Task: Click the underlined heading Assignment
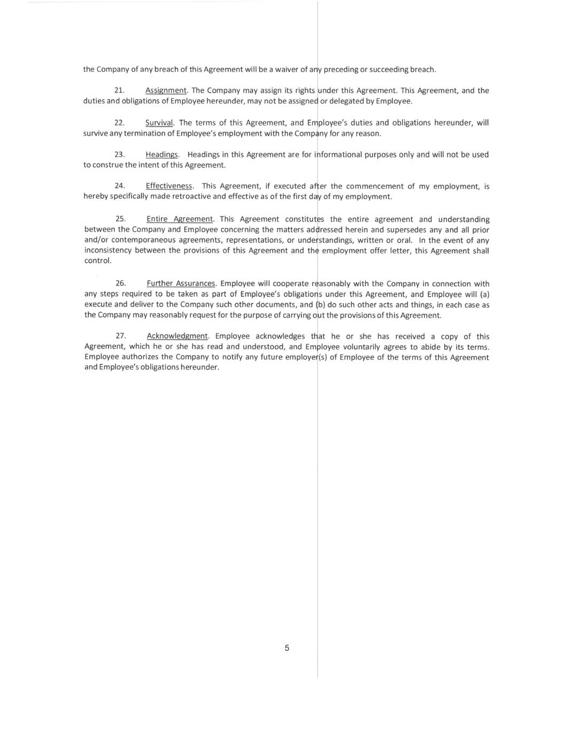[x=166, y=91]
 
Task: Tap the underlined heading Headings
[x=161, y=155]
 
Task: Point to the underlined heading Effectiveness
[x=169, y=186]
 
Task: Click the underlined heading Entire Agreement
[x=180, y=219]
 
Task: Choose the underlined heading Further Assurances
[x=181, y=283]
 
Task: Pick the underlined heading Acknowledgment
[x=177, y=336]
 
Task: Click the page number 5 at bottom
[x=287, y=648]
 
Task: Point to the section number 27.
[x=121, y=336]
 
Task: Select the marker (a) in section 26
[x=484, y=294]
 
